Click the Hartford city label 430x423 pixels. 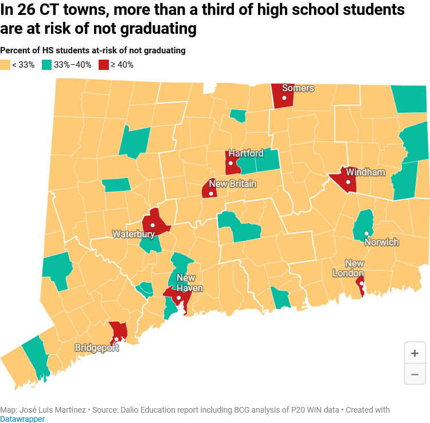click(x=246, y=154)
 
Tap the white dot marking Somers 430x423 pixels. click(x=283, y=98)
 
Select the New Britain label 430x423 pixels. click(x=232, y=184)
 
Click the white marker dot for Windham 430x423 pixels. click(x=348, y=182)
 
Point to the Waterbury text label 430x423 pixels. click(x=133, y=234)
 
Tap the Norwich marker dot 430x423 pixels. click(x=366, y=233)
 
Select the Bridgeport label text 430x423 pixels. click(x=97, y=348)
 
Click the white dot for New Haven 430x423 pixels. click(x=179, y=298)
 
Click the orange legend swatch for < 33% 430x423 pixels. click(x=5, y=65)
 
